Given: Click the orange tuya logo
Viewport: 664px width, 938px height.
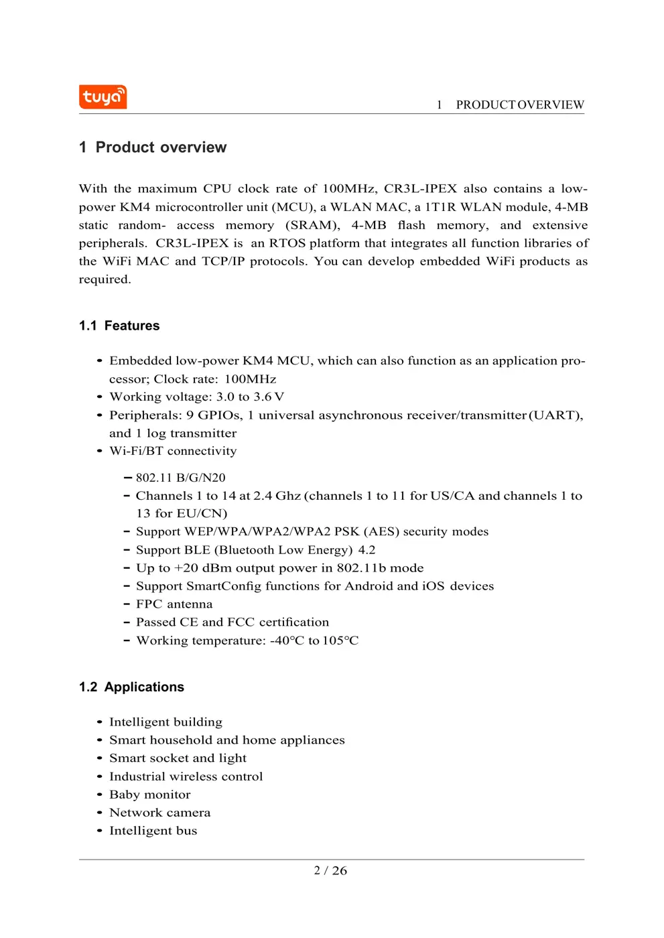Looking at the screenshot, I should coord(103,97).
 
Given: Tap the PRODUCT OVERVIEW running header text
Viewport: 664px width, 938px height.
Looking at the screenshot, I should coord(519,105).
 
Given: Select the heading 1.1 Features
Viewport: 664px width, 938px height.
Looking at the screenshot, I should coord(119,326).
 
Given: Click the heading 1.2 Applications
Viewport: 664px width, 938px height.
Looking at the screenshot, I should coord(131,687).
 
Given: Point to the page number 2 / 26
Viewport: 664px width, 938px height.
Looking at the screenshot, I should coord(330,870).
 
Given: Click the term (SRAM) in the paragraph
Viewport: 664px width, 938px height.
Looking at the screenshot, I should coord(312,225).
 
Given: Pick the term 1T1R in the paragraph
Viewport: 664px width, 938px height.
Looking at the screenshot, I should coord(440,207).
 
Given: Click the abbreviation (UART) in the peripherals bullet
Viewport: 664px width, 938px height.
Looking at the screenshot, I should coord(555,415).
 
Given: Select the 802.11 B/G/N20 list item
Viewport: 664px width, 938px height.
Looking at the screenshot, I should coord(180,478).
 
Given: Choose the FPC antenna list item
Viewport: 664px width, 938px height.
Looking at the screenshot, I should coord(174,604).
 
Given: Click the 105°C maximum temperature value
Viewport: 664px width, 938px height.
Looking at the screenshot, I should coord(340,641).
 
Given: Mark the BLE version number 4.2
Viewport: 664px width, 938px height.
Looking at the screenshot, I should coord(367,550).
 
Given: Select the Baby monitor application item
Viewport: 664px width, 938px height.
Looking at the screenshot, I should coord(150,795).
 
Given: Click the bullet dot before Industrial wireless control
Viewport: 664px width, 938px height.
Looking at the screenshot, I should coord(99,777).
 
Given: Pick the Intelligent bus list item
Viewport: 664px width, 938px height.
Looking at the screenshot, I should coord(153,831).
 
